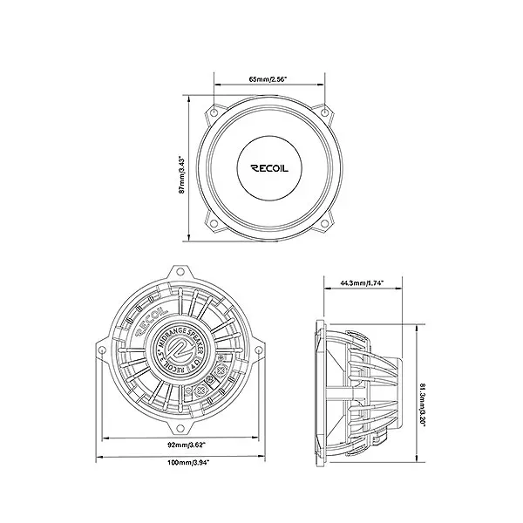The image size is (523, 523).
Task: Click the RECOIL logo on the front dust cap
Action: (x=270, y=169)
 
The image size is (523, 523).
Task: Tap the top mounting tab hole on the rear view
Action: (x=181, y=273)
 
